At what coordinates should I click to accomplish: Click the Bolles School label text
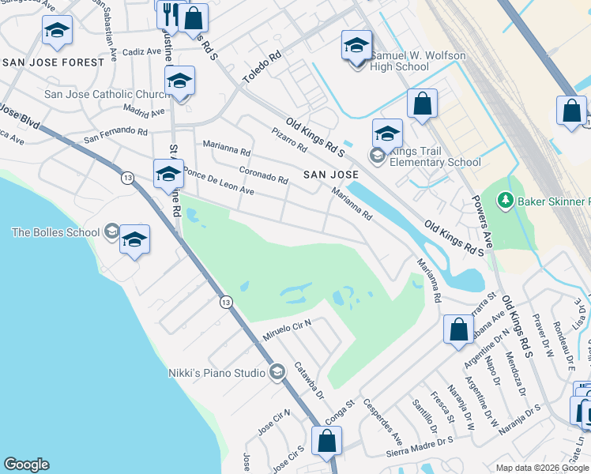(55, 232)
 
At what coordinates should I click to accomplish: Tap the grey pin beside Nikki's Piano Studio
(277, 371)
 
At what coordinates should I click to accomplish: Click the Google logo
(26, 465)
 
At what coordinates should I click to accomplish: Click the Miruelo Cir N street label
(287, 331)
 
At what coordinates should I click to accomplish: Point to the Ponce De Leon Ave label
(218, 181)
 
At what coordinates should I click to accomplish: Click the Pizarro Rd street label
(288, 140)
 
